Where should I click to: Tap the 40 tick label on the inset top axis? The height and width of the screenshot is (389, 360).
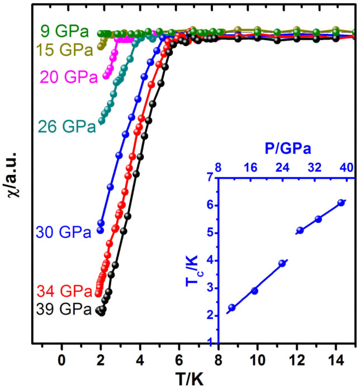pos(347,167)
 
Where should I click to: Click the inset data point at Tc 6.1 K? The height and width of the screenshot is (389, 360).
pos(341,203)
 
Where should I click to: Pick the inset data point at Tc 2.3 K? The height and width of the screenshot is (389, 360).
pos(232,307)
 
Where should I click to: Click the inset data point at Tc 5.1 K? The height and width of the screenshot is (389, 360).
pos(300,230)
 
